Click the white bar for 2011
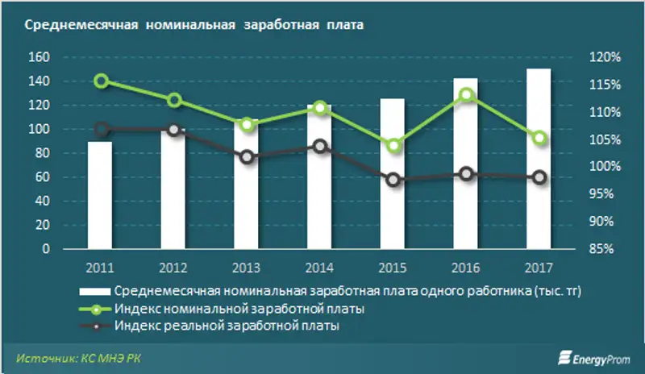(x=101, y=196)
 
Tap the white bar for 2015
(x=393, y=174)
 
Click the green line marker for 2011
(x=102, y=81)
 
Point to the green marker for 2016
(x=466, y=95)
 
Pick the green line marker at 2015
(x=393, y=146)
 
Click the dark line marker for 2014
(x=320, y=147)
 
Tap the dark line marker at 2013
(x=248, y=157)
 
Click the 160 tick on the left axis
(x=40, y=58)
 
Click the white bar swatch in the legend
(x=95, y=291)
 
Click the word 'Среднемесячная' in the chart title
(x=72, y=26)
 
